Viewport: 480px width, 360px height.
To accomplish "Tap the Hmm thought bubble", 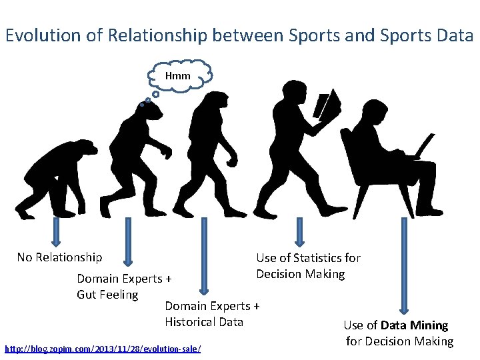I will pos(178,75).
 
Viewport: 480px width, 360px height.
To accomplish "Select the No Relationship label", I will pos(60,257).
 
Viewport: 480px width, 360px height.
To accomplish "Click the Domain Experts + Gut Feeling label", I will pos(124,287).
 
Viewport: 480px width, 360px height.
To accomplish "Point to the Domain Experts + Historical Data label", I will pos(211,314).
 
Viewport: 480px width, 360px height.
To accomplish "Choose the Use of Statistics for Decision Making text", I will pos(308,266).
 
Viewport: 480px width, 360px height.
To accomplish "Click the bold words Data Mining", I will pos(414,325).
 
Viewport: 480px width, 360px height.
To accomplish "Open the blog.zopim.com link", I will pos(103,349).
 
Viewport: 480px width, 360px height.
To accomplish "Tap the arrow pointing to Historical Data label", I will pos(204,257).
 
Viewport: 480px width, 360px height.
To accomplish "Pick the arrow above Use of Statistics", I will pos(299,233).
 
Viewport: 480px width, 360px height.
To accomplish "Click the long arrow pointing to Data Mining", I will pos(403,267).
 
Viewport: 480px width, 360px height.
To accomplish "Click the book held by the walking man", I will pos(327,106).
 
